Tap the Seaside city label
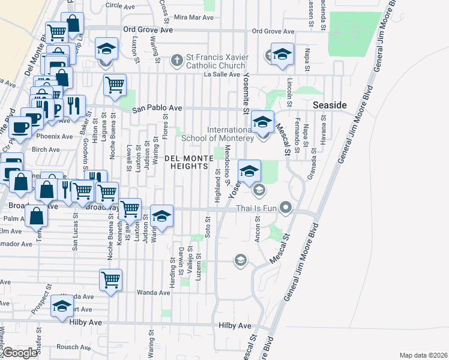coord(330,105)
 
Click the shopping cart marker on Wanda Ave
coord(111,280)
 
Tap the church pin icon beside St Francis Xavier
coord(176,61)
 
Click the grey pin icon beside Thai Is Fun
coord(286,209)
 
